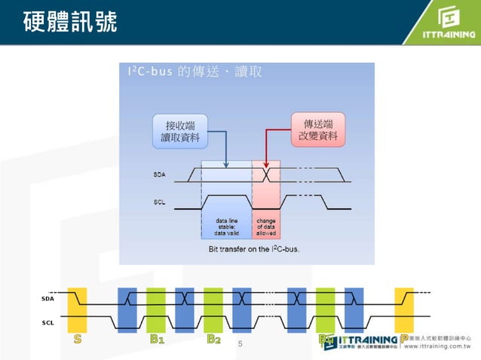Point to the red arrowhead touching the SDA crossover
[266, 165]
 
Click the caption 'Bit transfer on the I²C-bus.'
[253, 248]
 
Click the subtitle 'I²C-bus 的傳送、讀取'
[195, 72]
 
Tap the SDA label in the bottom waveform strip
[48, 300]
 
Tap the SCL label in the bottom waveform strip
[48, 322]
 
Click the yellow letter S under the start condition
[77, 340]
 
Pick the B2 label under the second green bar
[213, 340]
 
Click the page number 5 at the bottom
[240, 343]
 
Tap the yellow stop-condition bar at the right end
[404, 308]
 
